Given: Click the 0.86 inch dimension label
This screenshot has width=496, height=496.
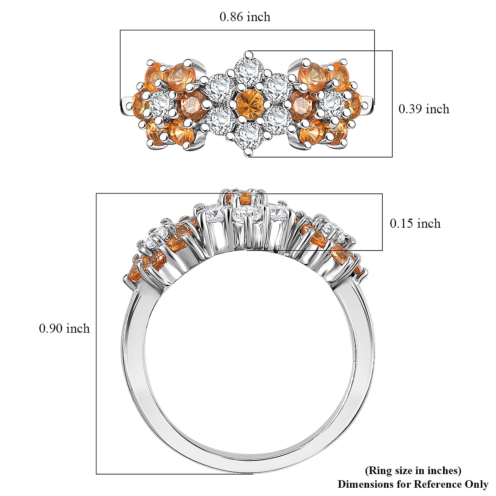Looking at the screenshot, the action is [x=245, y=17].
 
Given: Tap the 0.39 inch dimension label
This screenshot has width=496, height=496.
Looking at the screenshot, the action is [x=424, y=109].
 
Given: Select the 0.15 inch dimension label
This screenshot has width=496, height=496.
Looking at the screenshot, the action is [x=415, y=223].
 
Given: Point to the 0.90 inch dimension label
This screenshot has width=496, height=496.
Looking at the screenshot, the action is [x=64, y=329].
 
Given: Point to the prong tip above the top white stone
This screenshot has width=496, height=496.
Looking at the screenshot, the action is [x=248, y=55].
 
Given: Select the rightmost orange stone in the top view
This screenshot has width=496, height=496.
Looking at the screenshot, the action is [x=354, y=104].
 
